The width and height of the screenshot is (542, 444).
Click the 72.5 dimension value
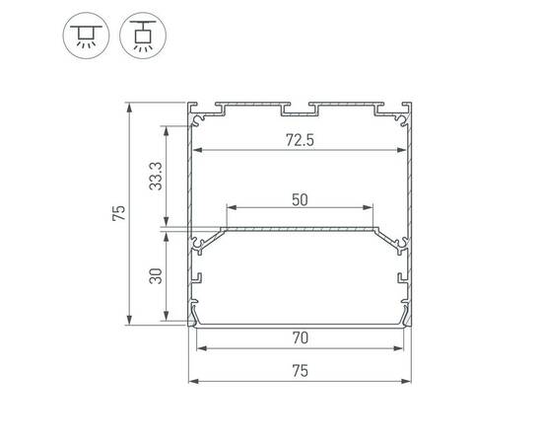[x=300, y=140]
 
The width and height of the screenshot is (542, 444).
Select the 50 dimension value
[x=300, y=198]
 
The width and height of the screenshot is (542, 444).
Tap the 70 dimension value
[x=300, y=336]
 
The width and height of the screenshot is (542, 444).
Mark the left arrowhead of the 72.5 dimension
[x=195, y=151]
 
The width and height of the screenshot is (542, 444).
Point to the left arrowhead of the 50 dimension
[x=231, y=209]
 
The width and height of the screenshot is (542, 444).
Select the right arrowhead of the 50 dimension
[x=371, y=209]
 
